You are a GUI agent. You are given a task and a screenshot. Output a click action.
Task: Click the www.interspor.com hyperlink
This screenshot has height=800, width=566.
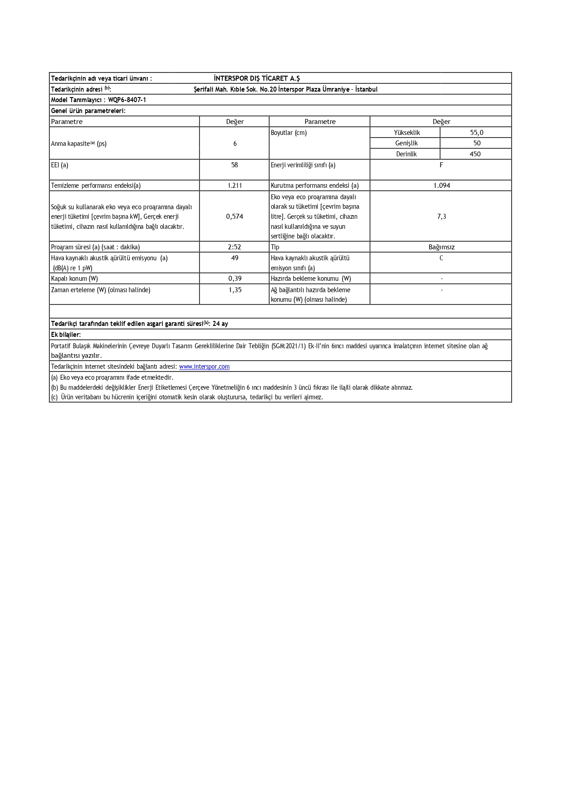click(204, 366)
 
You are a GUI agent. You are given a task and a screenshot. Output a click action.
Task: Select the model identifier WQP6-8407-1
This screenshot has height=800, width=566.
click(127, 100)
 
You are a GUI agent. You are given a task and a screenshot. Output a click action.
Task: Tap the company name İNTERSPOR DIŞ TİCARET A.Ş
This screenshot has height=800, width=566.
click(257, 78)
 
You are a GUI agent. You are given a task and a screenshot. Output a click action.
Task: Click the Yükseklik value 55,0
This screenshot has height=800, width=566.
click(477, 133)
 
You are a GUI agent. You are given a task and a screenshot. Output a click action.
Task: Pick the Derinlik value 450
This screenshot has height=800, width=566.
click(475, 154)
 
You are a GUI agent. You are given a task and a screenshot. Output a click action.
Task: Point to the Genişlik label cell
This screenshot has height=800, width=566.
click(406, 143)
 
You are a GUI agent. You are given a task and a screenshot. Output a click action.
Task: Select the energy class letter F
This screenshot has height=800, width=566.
click(441, 165)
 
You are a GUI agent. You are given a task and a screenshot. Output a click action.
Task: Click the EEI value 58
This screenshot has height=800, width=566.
click(234, 165)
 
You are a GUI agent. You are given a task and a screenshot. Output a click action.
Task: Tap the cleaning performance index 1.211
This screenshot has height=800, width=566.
click(234, 186)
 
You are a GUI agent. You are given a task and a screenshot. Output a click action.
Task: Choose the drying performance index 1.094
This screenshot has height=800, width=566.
click(441, 186)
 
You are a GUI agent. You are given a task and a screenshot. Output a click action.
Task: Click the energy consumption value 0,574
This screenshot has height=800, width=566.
click(234, 217)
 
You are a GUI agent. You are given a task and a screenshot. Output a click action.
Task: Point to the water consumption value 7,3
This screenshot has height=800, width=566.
click(441, 217)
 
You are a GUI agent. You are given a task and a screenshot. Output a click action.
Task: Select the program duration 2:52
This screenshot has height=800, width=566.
click(234, 247)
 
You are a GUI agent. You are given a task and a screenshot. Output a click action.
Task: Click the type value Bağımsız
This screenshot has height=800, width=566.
click(441, 247)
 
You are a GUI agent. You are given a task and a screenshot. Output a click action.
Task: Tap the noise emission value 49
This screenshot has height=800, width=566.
click(234, 258)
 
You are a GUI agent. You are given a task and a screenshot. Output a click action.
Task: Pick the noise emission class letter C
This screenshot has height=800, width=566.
click(441, 258)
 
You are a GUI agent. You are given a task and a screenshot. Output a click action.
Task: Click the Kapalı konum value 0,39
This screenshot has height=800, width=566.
click(235, 279)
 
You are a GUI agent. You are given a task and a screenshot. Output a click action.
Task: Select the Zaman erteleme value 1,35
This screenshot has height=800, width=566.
click(235, 290)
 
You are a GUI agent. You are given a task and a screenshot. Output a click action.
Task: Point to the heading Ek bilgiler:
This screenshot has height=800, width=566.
click(66, 335)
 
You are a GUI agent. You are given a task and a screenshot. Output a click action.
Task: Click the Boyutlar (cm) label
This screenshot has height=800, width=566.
click(289, 133)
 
